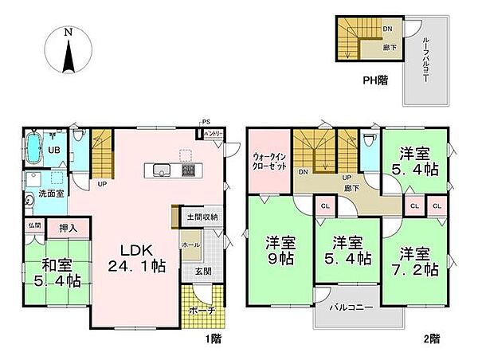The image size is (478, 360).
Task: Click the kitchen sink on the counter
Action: coord(159,170)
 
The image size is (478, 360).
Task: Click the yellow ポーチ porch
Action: coord(203,310)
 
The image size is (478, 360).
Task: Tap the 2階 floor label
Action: coord(430,338)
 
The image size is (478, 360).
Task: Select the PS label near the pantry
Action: coord(206,122)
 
